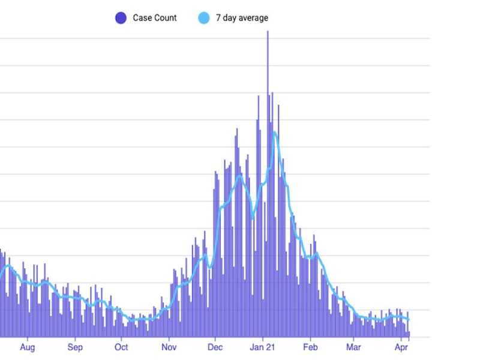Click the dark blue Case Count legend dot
[x=121, y=18]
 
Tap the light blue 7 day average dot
[x=203, y=18]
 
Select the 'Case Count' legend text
[x=155, y=18]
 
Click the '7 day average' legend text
[x=242, y=18]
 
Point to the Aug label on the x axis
[x=27, y=347]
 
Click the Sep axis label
[x=75, y=347]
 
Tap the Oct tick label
[x=121, y=347]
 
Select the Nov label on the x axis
[x=169, y=347]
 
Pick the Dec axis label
[x=215, y=347]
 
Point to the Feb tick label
[x=310, y=347]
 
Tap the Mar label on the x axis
[x=354, y=347]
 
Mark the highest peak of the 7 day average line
[x=274, y=133]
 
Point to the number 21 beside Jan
[x=271, y=347]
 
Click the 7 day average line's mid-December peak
[x=239, y=175]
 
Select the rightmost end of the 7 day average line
[x=409, y=320]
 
